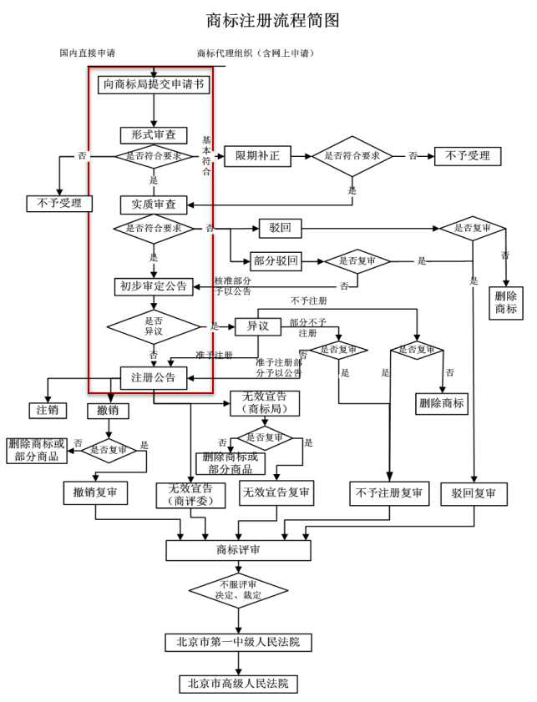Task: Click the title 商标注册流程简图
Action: coord(273,21)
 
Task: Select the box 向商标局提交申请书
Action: coord(154,84)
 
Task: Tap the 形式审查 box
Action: coord(154,134)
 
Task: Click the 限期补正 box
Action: coord(257,156)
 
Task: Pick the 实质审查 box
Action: coord(154,205)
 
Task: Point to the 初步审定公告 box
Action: coord(154,286)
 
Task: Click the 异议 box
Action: coord(258,326)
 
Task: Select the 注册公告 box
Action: coord(154,377)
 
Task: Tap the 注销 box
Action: coord(48,410)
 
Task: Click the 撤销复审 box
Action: coord(95,493)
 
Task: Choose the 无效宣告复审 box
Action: coord(276,493)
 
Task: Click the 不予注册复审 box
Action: coord(389,493)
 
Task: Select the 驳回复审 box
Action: coord(474,494)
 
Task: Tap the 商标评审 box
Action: coord(238,550)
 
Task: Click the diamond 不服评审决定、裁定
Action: coord(238,590)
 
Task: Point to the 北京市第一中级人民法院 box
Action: coord(238,643)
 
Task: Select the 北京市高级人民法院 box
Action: coord(238,684)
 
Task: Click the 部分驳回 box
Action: coord(276,261)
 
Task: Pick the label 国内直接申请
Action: coord(88,53)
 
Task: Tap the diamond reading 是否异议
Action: coord(154,326)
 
